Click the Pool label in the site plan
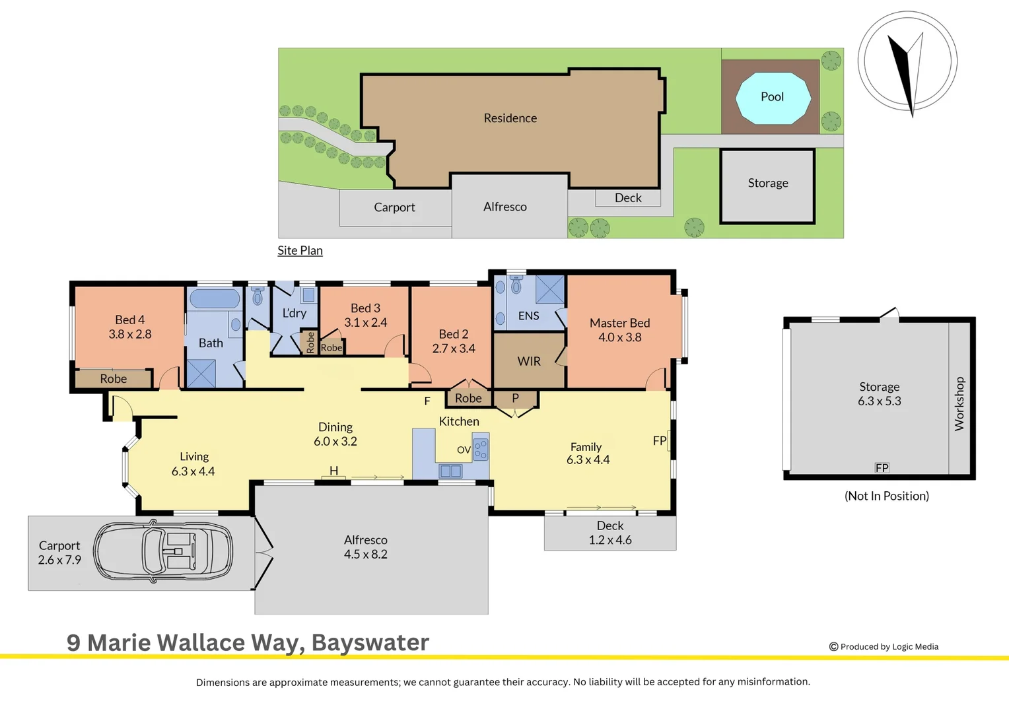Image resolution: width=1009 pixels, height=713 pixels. click(x=772, y=97)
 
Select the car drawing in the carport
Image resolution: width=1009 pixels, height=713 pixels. click(x=163, y=551)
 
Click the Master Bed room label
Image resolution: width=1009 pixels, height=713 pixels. click(x=620, y=323)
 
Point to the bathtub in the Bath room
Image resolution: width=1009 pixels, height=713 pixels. click(x=215, y=298)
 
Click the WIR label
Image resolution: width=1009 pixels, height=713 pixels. click(x=529, y=361)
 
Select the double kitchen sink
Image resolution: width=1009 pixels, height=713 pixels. click(x=450, y=471)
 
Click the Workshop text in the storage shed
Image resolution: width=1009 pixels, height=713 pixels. click(x=959, y=403)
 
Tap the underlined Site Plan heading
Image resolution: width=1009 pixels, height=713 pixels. click(x=300, y=250)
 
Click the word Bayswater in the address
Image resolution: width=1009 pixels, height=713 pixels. click(x=370, y=643)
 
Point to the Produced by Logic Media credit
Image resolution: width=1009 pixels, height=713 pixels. click(x=884, y=647)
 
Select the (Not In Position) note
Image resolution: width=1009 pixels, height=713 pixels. click(x=886, y=496)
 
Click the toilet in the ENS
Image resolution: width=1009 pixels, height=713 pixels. click(x=516, y=284)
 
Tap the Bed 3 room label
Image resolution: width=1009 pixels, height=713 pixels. click(x=365, y=308)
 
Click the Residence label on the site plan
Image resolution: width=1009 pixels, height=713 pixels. click(x=510, y=118)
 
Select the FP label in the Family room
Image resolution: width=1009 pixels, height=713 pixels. click(x=660, y=440)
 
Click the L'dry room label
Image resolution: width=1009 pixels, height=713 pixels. click(x=294, y=312)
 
